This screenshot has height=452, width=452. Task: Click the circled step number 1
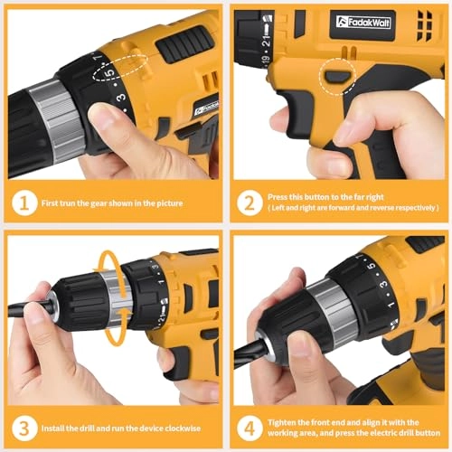[24, 203]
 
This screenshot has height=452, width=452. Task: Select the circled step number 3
[24, 424]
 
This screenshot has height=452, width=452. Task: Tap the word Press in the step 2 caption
[279, 198]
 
